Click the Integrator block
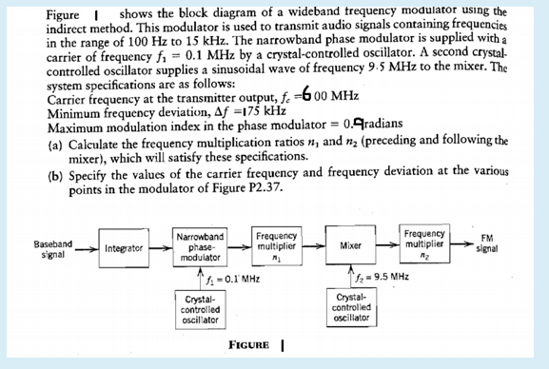tap(125, 249)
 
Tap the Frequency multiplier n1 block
tap(278, 244)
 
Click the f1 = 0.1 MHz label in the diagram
tap(228, 280)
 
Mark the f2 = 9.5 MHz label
tap(382, 278)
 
